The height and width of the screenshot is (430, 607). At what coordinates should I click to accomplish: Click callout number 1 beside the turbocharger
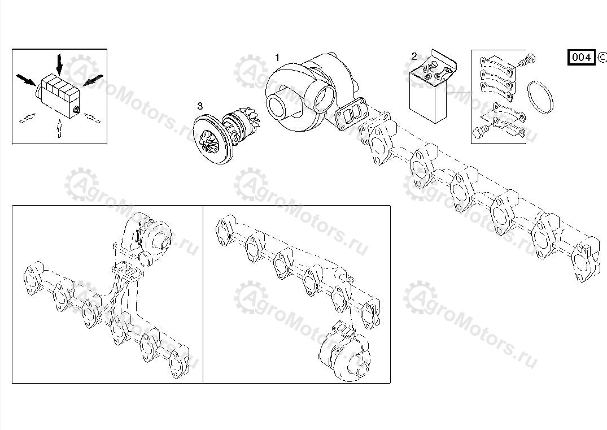(x=277, y=58)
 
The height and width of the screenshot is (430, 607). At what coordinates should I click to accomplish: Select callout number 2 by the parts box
(x=414, y=57)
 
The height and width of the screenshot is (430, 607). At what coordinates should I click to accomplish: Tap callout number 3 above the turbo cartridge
(x=200, y=106)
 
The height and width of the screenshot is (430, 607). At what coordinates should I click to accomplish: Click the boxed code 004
(x=582, y=57)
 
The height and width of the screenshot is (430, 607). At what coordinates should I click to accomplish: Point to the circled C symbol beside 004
(x=602, y=57)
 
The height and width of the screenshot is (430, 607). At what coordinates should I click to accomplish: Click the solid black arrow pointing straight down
(x=59, y=64)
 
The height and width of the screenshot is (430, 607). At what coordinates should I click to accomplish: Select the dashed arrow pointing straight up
(x=59, y=129)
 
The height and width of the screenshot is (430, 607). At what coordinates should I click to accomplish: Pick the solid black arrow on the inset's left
(x=27, y=80)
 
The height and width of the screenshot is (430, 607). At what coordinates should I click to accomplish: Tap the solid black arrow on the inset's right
(x=93, y=80)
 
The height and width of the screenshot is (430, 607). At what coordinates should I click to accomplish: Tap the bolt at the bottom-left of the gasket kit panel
(x=482, y=130)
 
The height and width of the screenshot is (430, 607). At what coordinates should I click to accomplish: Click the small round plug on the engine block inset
(x=76, y=110)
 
